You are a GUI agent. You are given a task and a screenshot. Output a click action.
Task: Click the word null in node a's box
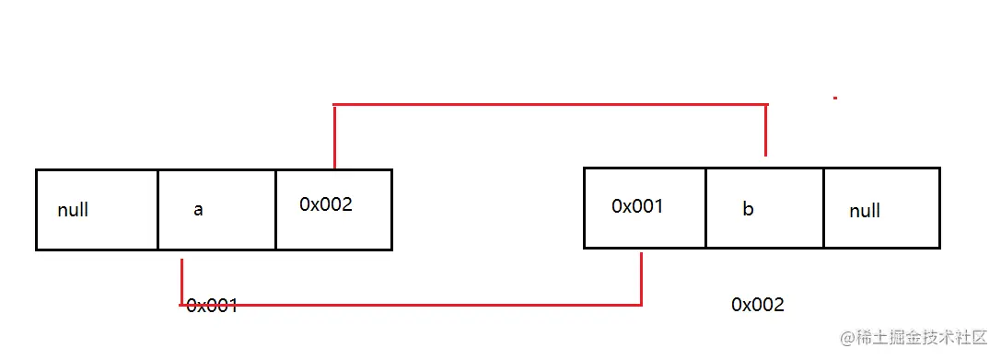pos(73,210)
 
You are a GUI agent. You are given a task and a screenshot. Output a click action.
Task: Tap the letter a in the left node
pos(198,210)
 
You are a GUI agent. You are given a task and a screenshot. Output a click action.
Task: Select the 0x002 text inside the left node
pos(325,204)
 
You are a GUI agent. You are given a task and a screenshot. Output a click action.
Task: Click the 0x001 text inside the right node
pos(637,206)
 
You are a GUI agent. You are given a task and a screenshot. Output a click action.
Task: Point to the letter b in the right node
pos(748,209)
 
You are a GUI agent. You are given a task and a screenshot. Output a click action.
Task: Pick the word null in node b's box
pos(865,211)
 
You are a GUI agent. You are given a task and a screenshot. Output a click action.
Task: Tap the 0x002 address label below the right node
pos(758,304)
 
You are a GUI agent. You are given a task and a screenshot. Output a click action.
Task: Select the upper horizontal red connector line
pos(550,105)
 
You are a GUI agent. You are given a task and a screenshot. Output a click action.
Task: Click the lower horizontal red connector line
pos(411,304)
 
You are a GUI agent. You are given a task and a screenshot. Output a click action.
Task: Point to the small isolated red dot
pos(834,97)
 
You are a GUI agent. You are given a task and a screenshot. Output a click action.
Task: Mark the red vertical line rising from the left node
pos(334,137)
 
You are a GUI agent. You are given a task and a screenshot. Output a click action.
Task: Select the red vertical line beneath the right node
pos(641,277)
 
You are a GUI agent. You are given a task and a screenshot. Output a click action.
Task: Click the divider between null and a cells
pos(157,210)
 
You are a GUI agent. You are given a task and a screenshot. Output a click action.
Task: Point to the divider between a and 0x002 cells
pos(275,210)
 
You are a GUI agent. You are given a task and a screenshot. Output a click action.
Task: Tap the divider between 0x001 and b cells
pos(705,208)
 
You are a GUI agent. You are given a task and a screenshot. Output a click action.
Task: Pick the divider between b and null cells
pos(823,208)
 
